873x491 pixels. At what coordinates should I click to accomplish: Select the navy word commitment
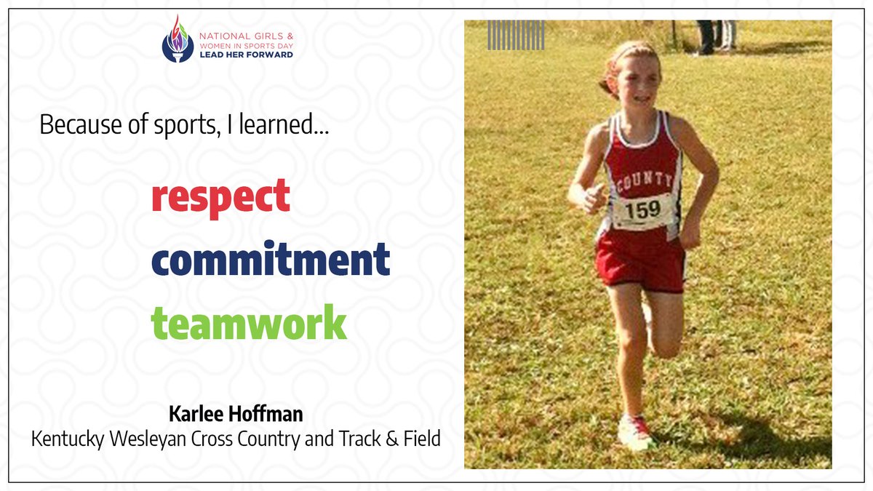[271, 259]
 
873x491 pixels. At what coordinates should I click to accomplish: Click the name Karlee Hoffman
[236, 415]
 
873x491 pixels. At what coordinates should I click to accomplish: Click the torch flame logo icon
[178, 40]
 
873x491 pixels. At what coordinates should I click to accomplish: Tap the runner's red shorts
[640, 262]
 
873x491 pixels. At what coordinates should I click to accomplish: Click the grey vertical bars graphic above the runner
[516, 35]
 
